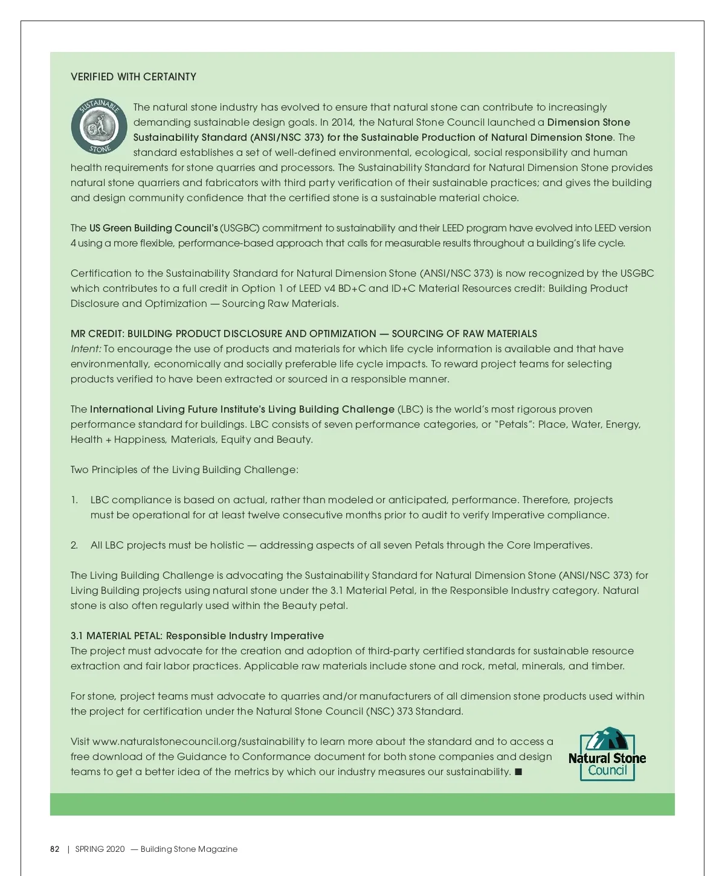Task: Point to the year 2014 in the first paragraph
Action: click(343, 122)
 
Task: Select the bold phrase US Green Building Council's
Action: click(153, 228)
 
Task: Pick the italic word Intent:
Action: click(86, 349)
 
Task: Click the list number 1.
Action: click(74, 500)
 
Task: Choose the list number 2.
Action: click(74, 545)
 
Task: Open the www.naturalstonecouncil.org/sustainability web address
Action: click(198, 741)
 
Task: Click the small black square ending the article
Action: click(518, 771)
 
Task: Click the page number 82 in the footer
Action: click(55, 849)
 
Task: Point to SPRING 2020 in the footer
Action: click(100, 849)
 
